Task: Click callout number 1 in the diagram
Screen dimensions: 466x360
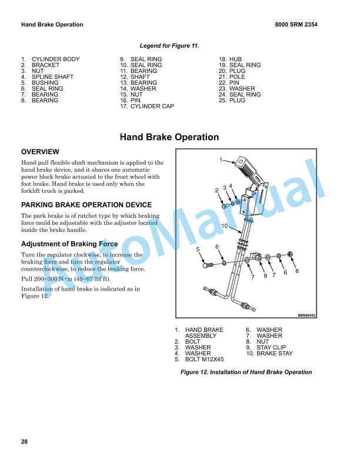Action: (x=221, y=159)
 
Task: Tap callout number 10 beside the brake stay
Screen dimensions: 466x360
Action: (x=225, y=226)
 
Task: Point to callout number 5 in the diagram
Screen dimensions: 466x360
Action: (x=198, y=249)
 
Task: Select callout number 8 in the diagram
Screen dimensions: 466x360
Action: (x=297, y=271)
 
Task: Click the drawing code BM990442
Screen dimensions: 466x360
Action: (x=306, y=315)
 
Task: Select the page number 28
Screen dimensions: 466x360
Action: (x=24, y=442)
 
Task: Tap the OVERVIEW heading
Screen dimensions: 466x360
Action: (x=40, y=152)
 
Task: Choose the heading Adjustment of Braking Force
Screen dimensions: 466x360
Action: (x=69, y=244)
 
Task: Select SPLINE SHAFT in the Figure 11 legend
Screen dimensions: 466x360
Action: (x=52, y=77)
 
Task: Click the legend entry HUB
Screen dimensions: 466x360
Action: (x=235, y=59)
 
